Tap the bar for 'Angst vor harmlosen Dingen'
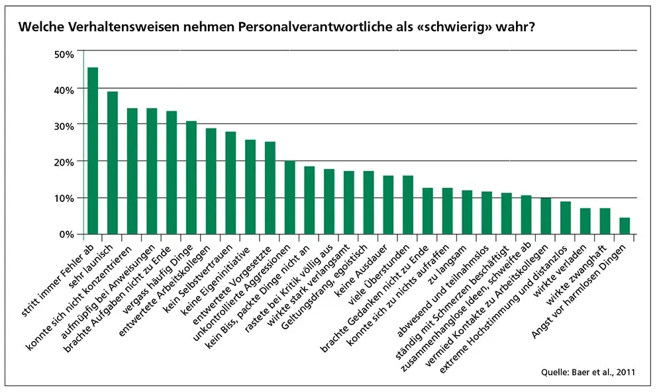pyautogui.click(x=625, y=226)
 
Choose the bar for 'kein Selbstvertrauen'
pyautogui.click(x=230, y=183)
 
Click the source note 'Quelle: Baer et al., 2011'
pyautogui.click(x=589, y=372)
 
